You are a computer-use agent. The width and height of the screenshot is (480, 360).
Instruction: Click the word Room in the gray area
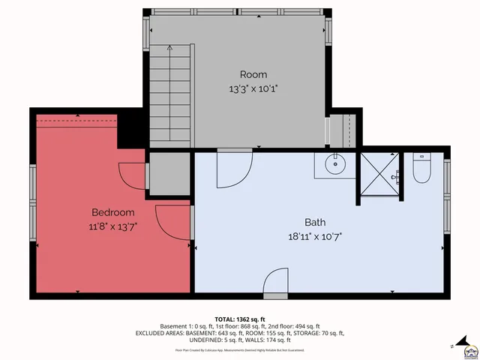(x=253, y=74)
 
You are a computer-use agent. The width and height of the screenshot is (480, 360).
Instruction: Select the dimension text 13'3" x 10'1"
(x=253, y=88)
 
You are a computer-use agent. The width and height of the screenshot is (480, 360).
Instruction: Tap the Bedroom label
(x=112, y=212)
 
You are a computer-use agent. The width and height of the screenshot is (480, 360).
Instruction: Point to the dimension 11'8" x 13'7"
(x=112, y=226)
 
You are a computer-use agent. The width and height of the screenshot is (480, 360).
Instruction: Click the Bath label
(x=315, y=222)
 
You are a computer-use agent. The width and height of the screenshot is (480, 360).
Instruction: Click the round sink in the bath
(x=334, y=164)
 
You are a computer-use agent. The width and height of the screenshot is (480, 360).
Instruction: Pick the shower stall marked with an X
(x=380, y=173)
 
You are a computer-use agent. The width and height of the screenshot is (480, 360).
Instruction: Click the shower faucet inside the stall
(x=397, y=177)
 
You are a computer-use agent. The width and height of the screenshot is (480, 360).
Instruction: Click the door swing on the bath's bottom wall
(x=274, y=282)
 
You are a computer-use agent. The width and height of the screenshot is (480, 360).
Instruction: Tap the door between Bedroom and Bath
(x=171, y=223)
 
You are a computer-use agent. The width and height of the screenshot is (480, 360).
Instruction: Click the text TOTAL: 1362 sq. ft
(x=240, y=318)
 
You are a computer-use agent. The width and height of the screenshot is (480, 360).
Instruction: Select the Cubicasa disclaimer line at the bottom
(x=240, y=349)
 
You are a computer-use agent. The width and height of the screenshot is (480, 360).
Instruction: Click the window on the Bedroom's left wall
(x=33, y=202)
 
